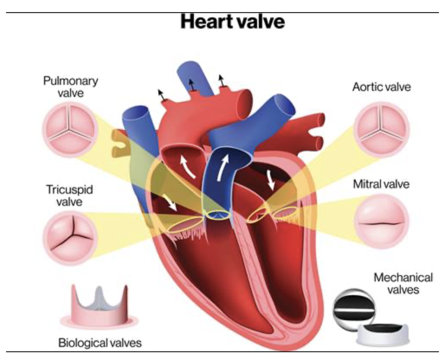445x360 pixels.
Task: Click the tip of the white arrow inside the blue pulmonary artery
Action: click(227, 154)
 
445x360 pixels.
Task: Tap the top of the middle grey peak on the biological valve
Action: click(99, 287)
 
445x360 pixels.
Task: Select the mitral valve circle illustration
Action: click(381, 222)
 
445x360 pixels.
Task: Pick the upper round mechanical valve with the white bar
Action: click(353, 310)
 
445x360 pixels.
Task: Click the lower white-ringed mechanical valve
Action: click(382, 335)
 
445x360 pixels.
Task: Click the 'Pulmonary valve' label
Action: click(71, 87)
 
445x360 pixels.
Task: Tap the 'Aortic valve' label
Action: click(381, 87)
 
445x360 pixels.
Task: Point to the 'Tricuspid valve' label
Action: click(70, 196)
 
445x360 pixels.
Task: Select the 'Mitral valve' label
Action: click(381, 184)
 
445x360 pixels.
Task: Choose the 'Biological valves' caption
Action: click(100, 343)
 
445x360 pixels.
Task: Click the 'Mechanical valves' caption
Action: click(403, 283)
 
